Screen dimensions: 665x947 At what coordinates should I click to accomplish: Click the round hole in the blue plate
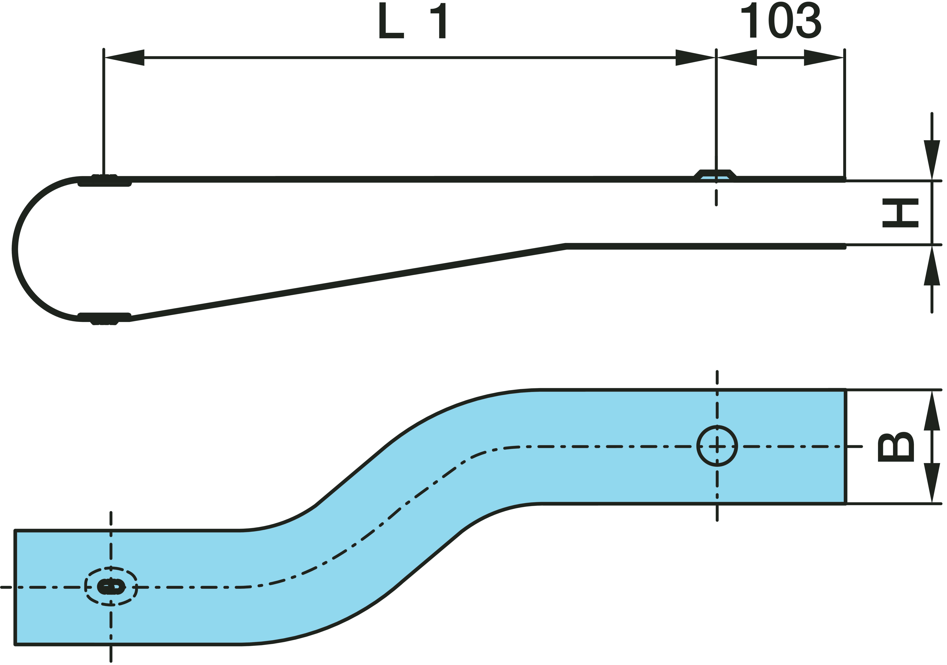[x=717, y=446]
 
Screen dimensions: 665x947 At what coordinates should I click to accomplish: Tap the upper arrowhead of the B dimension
[x=932, y=410]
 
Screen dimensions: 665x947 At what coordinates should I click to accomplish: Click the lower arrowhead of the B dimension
[x=932, y=483]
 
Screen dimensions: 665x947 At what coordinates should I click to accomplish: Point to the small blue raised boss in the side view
[x=715, y=175]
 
